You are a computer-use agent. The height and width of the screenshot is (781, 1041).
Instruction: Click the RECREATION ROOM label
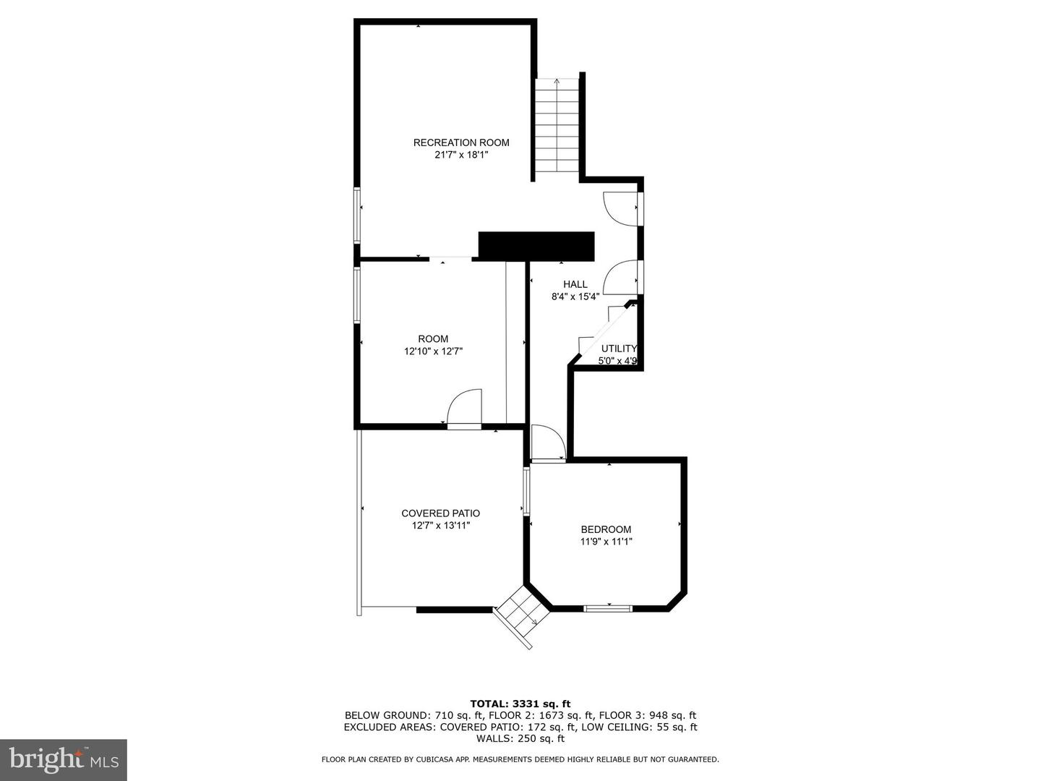click(x=461, y=142)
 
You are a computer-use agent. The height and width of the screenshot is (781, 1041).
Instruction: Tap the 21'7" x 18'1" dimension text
click(x=461, y=155)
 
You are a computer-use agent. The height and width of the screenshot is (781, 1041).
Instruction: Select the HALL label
click(x=575, y=284)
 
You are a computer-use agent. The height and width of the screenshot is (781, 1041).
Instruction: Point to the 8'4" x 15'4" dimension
click(x=575, y=296)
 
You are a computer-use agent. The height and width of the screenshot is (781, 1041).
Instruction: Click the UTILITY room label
click(x=619, y=349)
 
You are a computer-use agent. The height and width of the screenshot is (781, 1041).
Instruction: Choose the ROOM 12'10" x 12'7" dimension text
click(x=433, y=351)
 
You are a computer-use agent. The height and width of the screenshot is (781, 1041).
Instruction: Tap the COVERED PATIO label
click(x=440, y=513)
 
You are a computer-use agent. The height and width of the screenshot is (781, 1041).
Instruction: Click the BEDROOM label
click(x=606, y=529)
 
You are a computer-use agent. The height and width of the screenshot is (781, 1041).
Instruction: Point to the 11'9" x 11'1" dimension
click(x=606, y=542)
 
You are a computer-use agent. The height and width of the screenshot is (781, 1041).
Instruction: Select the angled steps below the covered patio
click(x=520, y=616)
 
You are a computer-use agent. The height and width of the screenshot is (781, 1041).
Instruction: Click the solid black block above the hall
click(x=536, y=246)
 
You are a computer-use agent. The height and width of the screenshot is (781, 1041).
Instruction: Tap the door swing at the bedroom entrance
click(x=548, y=443)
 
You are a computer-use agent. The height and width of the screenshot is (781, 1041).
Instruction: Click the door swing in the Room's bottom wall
click(x=465, y=409)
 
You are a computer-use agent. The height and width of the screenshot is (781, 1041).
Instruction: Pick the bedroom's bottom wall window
click(x=607, y=608)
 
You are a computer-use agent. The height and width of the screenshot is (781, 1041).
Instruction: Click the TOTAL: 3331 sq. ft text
click(x=520, y=704)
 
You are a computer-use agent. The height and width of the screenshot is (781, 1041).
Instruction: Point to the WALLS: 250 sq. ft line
click(x=520, y=738)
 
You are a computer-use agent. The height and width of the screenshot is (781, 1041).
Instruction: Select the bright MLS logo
click(x=64, y=759)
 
